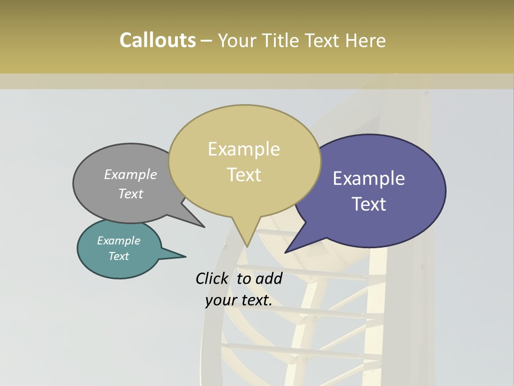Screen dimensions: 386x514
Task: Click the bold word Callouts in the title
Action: [x=157, y=41]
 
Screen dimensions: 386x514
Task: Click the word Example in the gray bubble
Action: [x=131, y=174]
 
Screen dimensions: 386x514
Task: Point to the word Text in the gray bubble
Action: [x=131, y=194]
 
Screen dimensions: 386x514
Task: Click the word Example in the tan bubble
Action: [x=244, y=149]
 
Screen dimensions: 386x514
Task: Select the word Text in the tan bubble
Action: [x=244, y=175]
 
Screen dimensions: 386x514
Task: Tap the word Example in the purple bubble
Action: [x=369, y=178]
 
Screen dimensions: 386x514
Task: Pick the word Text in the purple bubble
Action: [x=369, y=204]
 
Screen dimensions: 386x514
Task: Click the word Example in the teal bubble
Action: [x=118, y=241]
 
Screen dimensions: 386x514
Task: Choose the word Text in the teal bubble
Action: [x=118, y=256]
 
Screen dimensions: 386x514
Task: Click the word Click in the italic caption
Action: [x=212, y=278]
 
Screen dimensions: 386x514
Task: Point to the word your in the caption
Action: [x=220, y=300]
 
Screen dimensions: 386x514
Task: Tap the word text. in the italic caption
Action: [x=255, y=300]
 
